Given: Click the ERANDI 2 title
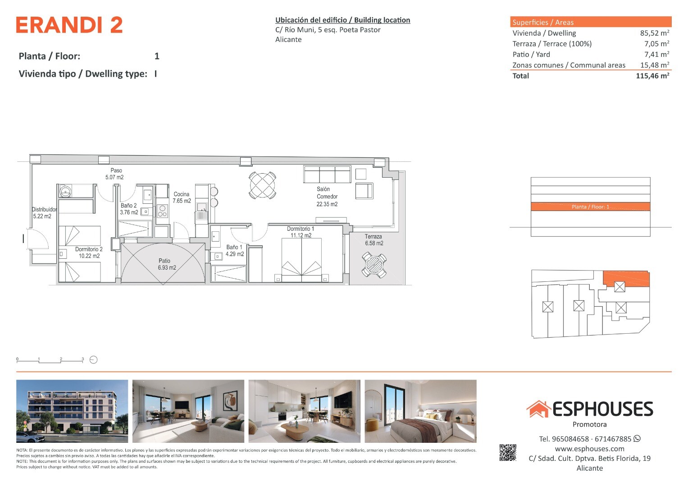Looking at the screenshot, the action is coord(69,25).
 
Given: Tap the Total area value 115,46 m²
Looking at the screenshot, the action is coord(652,76).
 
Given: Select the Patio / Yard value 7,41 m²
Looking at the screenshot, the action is coord(656,55).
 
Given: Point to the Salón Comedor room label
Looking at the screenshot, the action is coord(327,197).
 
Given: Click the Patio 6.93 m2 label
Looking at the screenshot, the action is coord(167,264).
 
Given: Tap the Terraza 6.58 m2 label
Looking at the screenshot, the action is coord(374,240).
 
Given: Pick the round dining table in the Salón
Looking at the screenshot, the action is coord(262,185).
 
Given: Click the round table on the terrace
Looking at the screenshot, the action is coord(374,265).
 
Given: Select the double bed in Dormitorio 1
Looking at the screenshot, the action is coord(301,260).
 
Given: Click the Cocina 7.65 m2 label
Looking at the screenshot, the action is coord(182,198).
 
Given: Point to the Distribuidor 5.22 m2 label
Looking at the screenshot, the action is coord(44,213).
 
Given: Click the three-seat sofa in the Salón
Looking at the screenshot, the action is coord(327,175).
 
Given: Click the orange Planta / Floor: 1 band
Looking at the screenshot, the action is coord(590,207).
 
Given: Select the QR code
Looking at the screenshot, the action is coord(508,453).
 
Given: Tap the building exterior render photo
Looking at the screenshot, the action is coord(72,411).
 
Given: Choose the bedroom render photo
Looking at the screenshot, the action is coord(420,411).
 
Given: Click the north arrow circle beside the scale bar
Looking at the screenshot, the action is coord(93,360).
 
